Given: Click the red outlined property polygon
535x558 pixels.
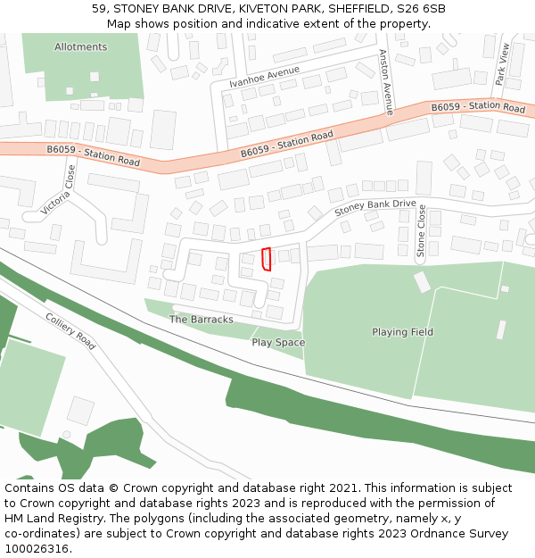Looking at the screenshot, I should point(266,259).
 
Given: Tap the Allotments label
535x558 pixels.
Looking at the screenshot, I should point(80,47).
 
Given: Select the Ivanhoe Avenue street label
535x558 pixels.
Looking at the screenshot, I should point(264,76).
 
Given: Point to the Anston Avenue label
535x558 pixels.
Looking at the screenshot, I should point(386,82).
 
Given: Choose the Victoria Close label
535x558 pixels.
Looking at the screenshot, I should point(58,190).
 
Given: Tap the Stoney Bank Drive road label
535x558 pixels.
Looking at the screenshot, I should point(375,209).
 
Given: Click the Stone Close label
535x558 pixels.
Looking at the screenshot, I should point(422,232).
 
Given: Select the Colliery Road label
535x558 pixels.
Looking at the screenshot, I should point(70,330).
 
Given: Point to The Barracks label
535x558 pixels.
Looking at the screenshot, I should point(202,320).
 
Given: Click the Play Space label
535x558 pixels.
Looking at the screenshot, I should point(278,343).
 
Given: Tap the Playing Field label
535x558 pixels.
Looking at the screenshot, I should point(403,332).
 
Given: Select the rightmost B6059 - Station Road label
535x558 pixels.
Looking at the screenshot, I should point(478,107).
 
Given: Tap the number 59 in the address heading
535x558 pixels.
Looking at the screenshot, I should point(99,9).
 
